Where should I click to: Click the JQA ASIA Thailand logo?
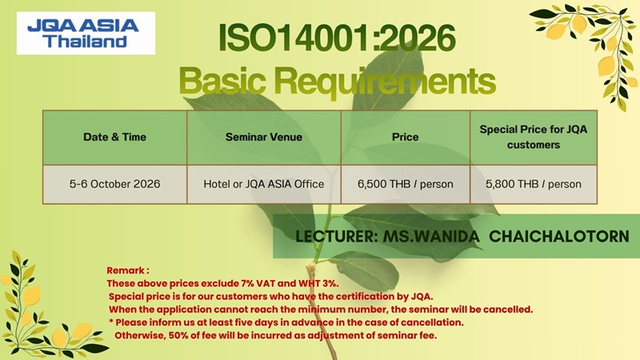pyautogui.click(x=86, y=33)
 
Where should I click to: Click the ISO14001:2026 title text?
pyautogui.click(x=337, y=38)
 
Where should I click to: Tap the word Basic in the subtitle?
pyautogui.click(x=223, y=81)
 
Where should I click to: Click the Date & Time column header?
pyautogui.click(x=114, y=137)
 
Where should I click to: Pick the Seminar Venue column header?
pyautogui.click(x=264, y=137)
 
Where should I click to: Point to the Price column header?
pyautogui.click(x=406, y=137)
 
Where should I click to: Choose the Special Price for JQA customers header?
pyautogui.click(x=534, y=137)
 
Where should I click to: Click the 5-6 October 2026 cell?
pyautogui.click(x=114, y=184)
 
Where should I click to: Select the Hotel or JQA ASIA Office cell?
pyautogui.click(x=264, y=184)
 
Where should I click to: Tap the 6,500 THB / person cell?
pyautogui.click(x=406, y=184)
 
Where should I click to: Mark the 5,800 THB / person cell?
pyautogui.click(x=534, y=184)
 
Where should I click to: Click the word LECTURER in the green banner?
pyautogui.click(x=336, y=237)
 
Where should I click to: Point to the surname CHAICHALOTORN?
pyautogui.click(x=559, y=236)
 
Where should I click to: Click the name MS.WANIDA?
pyautogui.click(x=431, y=236)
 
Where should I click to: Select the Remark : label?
pyautogui.click(x=128, y=270)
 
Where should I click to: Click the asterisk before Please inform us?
pyautogui.click(x=111, y=322)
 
